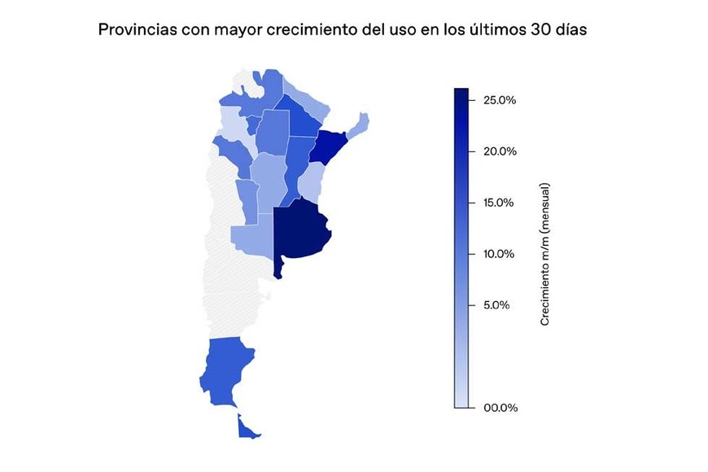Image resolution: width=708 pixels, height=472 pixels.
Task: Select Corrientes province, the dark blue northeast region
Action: pos(330,146)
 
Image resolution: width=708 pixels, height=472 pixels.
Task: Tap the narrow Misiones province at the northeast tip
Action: pos(360,124)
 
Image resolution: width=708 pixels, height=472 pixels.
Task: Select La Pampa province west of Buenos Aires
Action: pos(251,240)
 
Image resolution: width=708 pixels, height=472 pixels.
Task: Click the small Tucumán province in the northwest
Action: pos(252,125)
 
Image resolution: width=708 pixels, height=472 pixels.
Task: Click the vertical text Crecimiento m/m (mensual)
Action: pos(545,254)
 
